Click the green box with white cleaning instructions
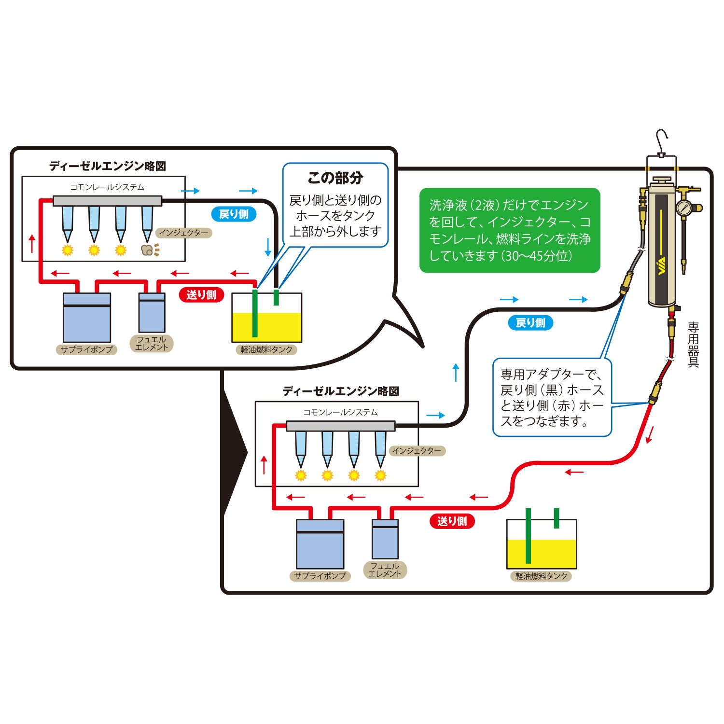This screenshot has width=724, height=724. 510,231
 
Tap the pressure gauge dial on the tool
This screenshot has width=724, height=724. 683,208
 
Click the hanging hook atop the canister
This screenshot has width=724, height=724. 662,140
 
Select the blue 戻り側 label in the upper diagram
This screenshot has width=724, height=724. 234,214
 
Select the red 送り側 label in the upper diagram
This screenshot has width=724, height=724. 201,295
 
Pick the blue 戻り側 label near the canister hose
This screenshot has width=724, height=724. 530,323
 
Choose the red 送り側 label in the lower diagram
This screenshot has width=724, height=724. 452,521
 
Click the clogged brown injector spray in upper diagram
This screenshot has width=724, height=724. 148,250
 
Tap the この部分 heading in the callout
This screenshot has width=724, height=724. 335,178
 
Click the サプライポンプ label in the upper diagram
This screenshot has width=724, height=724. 87,349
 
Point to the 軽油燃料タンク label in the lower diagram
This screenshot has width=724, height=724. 541,576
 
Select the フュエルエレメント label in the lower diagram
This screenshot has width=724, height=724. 385,570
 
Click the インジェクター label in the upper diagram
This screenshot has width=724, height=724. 184,233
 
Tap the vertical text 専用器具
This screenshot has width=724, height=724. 693,345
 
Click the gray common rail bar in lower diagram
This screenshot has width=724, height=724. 341,426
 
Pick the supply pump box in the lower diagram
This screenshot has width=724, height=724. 320,544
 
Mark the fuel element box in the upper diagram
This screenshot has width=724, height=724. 152,313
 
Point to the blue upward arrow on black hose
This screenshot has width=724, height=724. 456,373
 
